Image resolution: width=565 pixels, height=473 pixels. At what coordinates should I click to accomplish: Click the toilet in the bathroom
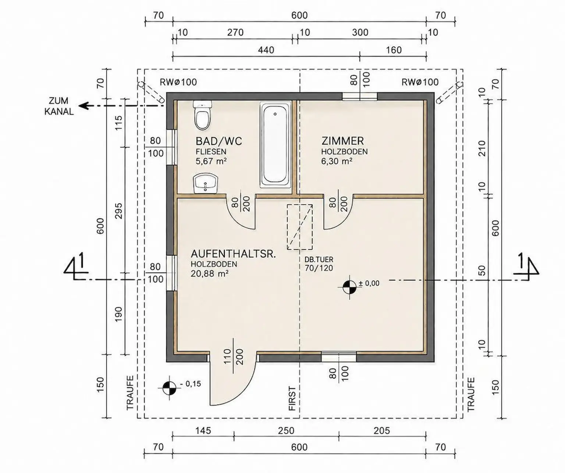202,115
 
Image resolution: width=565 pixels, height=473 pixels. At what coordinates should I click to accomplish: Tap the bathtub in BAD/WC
275,145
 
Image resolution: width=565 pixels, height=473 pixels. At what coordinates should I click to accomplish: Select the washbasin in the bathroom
206,184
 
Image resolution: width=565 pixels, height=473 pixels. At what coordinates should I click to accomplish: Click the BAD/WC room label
218,141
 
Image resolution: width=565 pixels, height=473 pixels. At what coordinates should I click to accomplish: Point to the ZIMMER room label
342,141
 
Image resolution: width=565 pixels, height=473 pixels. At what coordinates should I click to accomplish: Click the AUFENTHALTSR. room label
233,254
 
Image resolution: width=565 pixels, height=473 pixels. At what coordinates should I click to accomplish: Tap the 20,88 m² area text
209,274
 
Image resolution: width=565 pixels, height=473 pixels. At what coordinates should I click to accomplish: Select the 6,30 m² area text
337,161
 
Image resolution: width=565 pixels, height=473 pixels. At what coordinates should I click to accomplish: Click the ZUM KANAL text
59,106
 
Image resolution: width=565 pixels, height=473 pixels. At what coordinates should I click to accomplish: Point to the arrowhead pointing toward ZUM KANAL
83,106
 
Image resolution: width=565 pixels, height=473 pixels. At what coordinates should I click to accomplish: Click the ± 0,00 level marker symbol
349,287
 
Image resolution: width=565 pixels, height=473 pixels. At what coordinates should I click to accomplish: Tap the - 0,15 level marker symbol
170,388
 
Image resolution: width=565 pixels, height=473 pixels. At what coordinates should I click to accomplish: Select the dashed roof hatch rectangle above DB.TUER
299,227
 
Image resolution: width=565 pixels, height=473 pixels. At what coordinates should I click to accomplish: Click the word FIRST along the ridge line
292,399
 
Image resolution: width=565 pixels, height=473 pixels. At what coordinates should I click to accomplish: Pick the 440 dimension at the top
266,50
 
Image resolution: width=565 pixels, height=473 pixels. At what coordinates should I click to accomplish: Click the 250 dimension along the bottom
286,430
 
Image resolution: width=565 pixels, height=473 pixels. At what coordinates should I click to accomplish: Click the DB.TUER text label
319,259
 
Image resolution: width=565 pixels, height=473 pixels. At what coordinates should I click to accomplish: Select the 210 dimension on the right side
482,148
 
